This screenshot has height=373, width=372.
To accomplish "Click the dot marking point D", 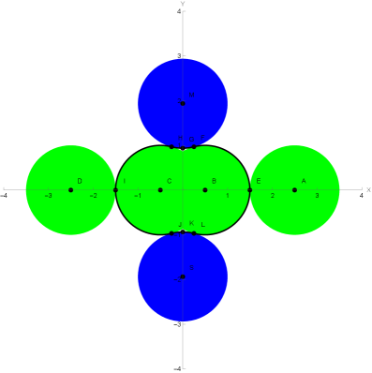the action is tap(70, 190).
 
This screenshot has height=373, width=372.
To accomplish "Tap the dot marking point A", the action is tap(294, 190).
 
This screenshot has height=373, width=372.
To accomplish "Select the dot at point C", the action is tap(160, 190).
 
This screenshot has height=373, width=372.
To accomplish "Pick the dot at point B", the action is tap(205, 190).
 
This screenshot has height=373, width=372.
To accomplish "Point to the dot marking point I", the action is tap(115, 190).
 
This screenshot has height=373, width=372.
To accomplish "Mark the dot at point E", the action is tap(250, 190).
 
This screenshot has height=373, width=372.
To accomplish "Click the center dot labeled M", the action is tap(183, 103).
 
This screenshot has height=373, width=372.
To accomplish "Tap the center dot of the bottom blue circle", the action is tap(183, 277).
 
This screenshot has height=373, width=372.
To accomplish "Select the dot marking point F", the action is tap(194, 147).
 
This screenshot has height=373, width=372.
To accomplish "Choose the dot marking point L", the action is tap(194, 233).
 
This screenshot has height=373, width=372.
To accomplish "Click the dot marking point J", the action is tap(172, 233).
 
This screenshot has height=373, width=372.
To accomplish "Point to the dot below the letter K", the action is tap(183, 231).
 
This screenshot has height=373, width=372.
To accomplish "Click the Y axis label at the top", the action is tap(183, 5).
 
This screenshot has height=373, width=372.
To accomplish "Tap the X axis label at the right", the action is tap(368, 190).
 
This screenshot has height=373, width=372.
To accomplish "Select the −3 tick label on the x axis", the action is tap(49, 196).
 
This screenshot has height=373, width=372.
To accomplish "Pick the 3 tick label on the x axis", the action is tap(317, 196).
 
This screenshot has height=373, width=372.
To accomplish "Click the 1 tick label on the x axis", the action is tap(228, 196).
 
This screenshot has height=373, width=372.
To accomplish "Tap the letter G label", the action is tap(191, 140).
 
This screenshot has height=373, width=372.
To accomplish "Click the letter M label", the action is tap(192, 95).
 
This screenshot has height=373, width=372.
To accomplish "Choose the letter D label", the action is tap(80, 181).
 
